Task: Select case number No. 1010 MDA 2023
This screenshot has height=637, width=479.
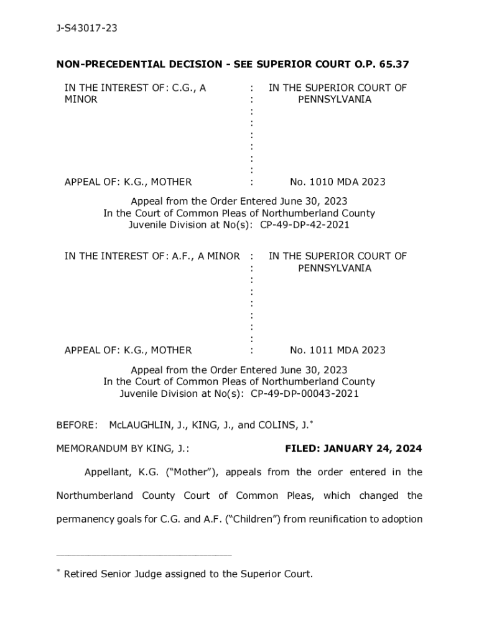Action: pos(337,182)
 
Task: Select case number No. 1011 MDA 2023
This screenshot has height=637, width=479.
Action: pos(337,350)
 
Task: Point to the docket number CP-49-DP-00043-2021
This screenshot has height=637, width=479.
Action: pos(305,393)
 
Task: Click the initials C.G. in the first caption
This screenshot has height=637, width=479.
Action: pos(185,88)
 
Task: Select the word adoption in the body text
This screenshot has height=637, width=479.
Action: pos(401,519)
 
